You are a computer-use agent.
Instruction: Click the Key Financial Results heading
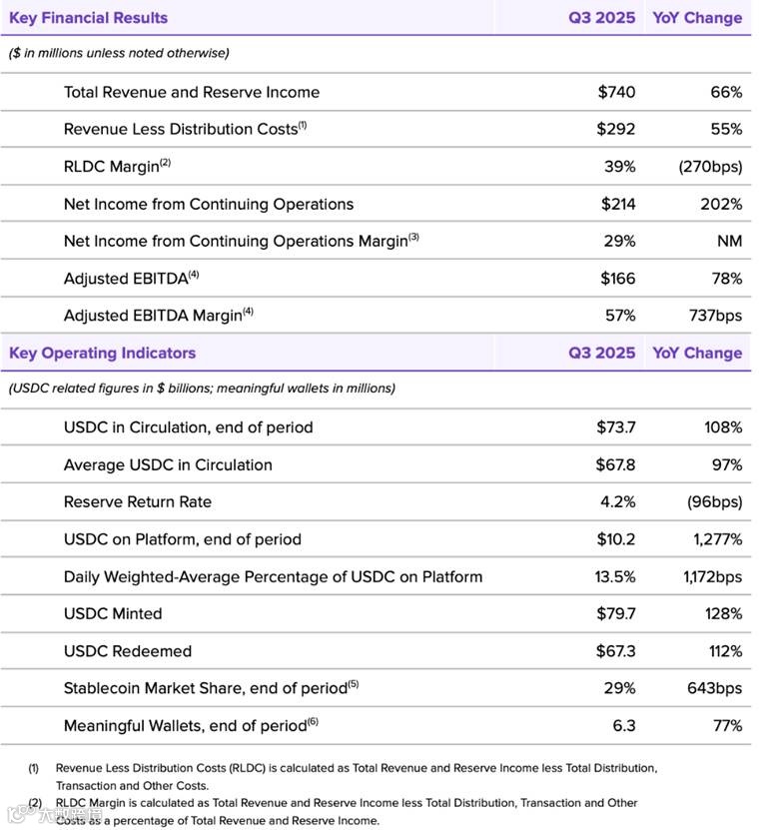[88, 18]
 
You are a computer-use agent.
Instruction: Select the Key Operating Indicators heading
[102, 353]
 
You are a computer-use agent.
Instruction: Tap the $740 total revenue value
[616, 92]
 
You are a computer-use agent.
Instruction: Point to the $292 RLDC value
[616, 129]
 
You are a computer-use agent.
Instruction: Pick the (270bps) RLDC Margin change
[709, 167]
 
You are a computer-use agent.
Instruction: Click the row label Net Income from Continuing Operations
[208, 204]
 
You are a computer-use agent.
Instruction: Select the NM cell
[729, 241]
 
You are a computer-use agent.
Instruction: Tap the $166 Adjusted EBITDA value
[617, 279]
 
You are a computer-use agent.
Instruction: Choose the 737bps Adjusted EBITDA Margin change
[715, 316]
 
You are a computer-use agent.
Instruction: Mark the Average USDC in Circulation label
[167, 464]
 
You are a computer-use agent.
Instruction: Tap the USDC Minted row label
[112, 613]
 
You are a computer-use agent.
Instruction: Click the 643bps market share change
[715, 688]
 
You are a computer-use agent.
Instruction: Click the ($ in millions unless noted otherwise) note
[119, 53]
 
